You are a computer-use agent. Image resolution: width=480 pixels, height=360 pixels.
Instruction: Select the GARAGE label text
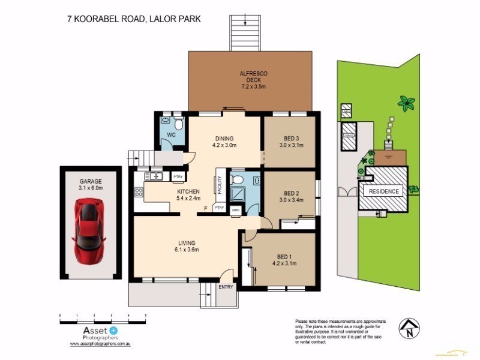(x=91, y=184)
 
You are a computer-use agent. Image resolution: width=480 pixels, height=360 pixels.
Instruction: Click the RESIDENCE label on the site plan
(x=383, y=191)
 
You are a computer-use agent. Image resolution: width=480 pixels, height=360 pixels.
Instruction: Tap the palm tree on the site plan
(x=407, y=103)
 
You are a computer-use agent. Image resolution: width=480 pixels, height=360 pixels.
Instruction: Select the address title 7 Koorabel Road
(x=133, y=19)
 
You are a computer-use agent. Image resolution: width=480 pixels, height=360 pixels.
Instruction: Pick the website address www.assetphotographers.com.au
(x=101, y=344)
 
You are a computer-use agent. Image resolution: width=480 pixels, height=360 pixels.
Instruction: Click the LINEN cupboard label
(x=236, y=210)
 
